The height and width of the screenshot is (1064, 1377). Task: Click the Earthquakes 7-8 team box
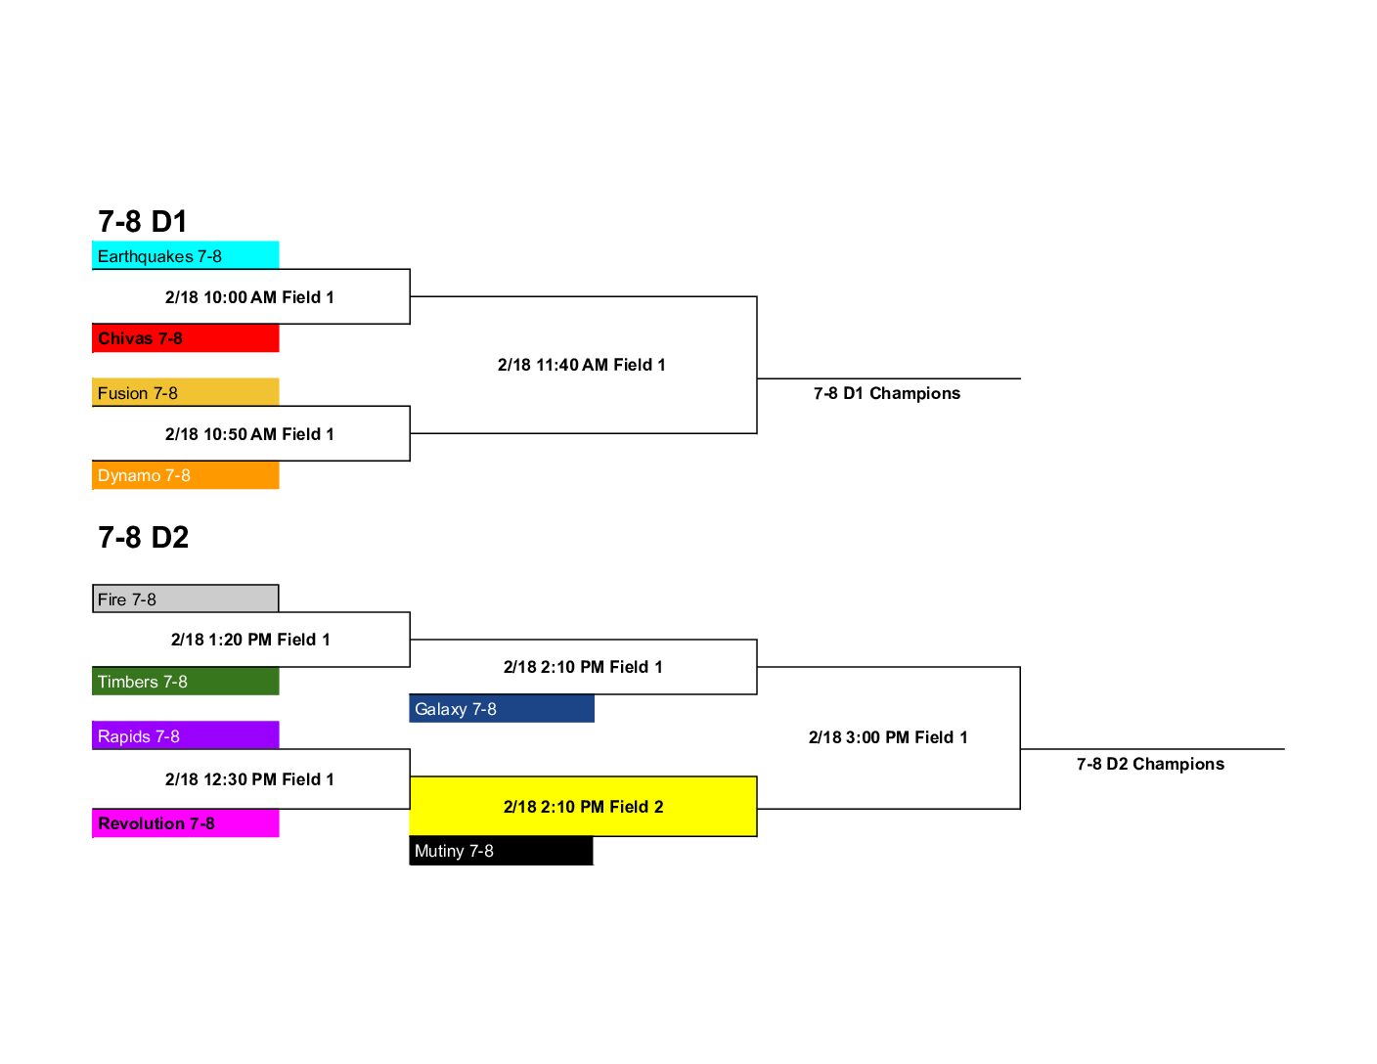[185, 254]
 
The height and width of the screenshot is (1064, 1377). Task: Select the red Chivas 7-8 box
[185, 337]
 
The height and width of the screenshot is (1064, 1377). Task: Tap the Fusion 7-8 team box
[185, 391]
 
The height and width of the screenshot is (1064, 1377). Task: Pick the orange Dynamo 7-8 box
[185, 474]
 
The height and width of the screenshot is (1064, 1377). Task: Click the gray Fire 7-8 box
[185, 598]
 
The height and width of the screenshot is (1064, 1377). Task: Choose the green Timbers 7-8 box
[185, 681]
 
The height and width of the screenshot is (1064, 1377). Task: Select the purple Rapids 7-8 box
[185, 735]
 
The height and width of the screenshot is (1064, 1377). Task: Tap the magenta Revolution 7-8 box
[185, 822]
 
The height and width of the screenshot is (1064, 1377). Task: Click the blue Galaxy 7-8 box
[502, 708]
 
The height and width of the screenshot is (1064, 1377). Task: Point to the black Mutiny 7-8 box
[502, 851]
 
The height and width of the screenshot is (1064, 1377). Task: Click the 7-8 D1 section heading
[143, 221]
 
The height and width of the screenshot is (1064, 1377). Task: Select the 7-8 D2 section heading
[143, 537]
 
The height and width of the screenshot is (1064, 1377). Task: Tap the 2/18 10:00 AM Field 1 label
[249, 297]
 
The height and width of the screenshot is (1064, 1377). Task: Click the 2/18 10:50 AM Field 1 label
[249, 434]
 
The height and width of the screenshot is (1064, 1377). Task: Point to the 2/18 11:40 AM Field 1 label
[582, 365]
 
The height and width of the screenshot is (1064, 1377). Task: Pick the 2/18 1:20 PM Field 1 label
[251, 640]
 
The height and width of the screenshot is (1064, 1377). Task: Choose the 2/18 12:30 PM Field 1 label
[249, 778]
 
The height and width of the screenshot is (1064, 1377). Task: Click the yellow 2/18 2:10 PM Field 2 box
[583, 806]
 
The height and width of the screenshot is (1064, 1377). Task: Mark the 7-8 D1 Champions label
[887, 393]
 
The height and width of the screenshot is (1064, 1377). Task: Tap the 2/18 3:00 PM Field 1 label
[888, 737]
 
